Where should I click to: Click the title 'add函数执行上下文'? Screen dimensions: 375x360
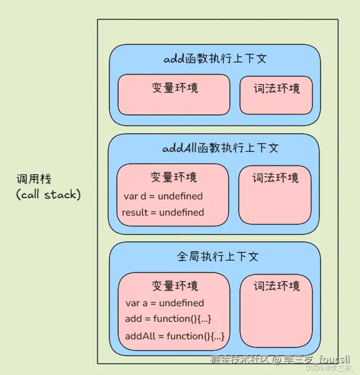tap(214, 59)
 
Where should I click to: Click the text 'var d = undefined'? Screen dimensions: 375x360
tap(163, 196)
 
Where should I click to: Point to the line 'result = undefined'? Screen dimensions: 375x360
tap(162, 212)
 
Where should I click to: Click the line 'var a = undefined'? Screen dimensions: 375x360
tap(164, 303)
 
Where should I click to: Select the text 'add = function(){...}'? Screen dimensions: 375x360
tap(167, 319)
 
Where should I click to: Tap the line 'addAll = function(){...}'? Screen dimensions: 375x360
tap(174, 336)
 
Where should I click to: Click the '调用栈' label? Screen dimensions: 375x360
tap(34, 180)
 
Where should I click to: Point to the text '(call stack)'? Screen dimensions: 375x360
tap(48, 195)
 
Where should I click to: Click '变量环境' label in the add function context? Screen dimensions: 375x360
tap(174, 87)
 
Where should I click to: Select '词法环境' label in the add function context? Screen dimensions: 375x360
tap(276, 87)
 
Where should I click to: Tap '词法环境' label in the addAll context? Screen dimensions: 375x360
tap(275, 177)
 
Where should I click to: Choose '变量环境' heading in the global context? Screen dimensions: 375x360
tap(174, 286)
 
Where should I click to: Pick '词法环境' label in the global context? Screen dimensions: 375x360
tap(276, 286)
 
